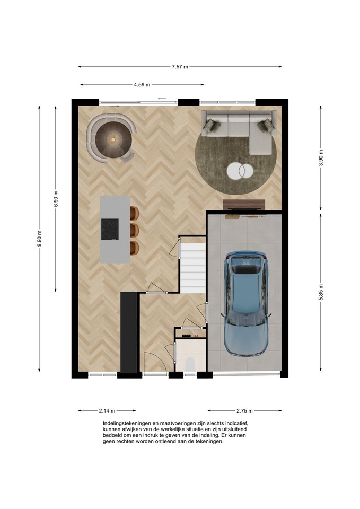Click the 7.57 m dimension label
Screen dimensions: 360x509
[x=180, y=67]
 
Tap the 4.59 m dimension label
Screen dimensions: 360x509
[x=142, y=85]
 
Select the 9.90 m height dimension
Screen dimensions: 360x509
[x=39, y=238]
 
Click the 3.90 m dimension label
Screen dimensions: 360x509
[x=321, y=158]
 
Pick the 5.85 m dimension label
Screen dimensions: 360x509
[x=321, y=292]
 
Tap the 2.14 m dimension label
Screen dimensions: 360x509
[x=107, y=410]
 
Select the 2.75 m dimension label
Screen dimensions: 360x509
[x=244, y=410]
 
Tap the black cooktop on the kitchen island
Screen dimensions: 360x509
[x=110, y=229]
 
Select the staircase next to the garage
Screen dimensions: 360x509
[x=193, y=268]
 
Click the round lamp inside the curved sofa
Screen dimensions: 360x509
[x=113, y=139]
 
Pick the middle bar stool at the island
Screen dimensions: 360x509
[x=134, y=230]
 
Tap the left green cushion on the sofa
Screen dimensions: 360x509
[x=210, y=125]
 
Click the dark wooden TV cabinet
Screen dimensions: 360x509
[x=244, y=205]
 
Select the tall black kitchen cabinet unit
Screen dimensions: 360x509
[x=129, y=332]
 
